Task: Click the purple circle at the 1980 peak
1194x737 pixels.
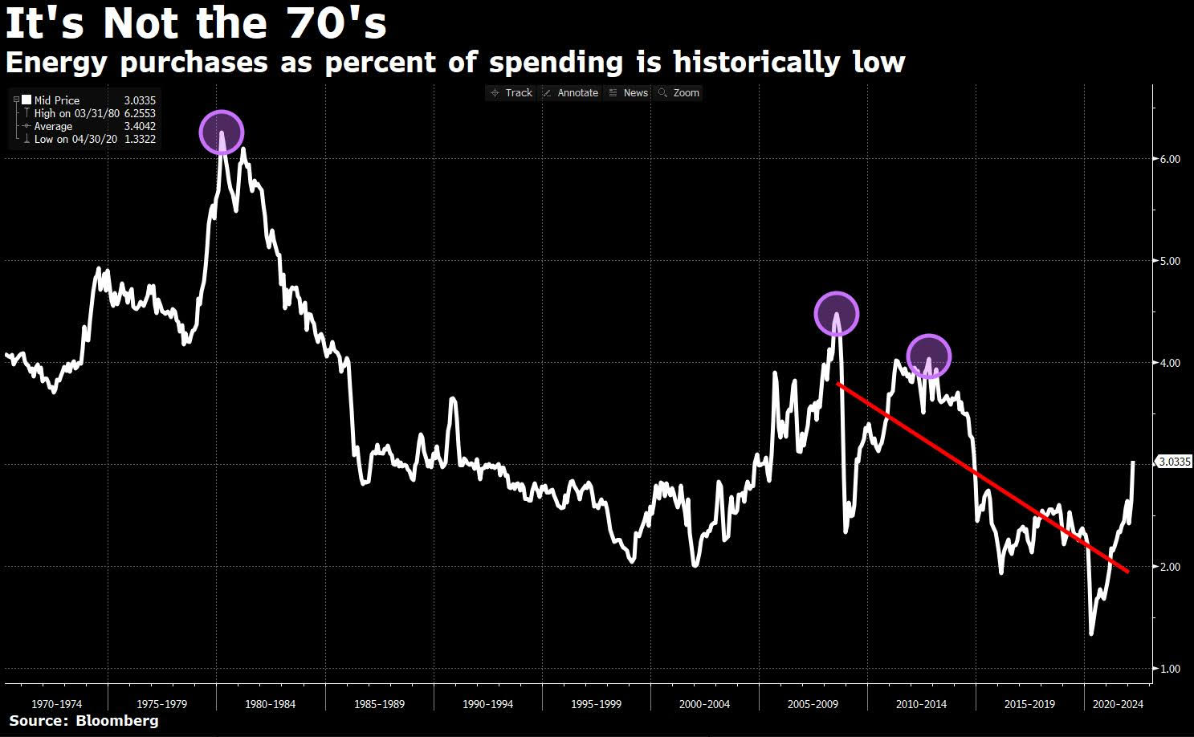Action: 221,132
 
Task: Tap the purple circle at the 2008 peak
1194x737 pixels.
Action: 837,314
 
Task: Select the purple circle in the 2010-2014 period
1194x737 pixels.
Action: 929,356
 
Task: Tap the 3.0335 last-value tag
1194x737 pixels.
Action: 1175,462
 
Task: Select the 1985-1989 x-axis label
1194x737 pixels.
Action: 380,704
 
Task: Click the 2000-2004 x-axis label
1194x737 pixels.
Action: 704,704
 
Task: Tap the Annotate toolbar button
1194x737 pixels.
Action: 571,93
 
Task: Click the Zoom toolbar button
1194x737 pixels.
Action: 679,93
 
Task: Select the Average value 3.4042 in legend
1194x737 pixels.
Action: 140,126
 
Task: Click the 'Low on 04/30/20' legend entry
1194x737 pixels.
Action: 76,139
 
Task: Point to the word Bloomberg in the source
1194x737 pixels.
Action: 117,721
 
